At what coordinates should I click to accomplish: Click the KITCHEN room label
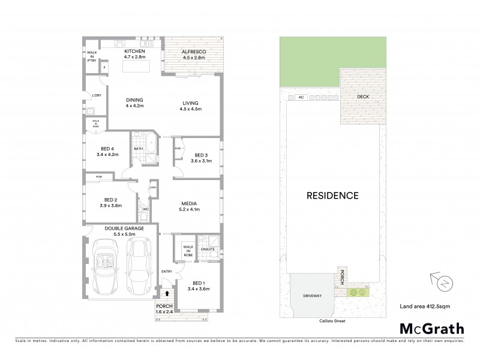pyautogui.click(x=135, y=52)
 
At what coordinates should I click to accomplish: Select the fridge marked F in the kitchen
pyautogui.click(x=105, y=68)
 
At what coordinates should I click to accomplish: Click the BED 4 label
pyautogui.click(x=108, y=150)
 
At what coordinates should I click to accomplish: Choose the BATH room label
pyautogui.click(x=138, y=149)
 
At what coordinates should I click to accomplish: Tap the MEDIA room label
pyautogui.click(x=190, y=206)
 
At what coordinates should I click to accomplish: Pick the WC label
pyautogui.click(x=145, y=209)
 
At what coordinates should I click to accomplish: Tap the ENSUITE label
pyautogui.click(x=208, y=248)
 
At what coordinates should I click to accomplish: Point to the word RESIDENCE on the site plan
pyautogui.click(x=332, y=196)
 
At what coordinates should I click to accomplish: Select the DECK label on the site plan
pyautogui.click(x=364, y=96)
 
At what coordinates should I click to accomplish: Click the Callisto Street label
pyautogui.click(x=332, y=322)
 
